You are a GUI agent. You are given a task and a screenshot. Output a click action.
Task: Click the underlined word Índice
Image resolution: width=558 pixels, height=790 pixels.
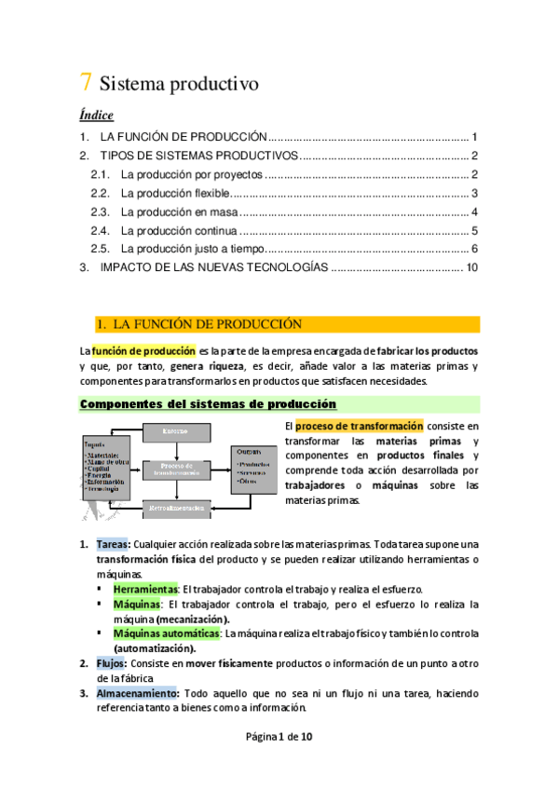tap(96, 116)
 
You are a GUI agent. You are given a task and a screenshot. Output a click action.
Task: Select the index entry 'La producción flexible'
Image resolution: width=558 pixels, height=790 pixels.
tap(174, 194)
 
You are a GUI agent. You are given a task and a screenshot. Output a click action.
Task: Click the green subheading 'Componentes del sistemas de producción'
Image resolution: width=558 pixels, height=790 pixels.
tap(209, 403)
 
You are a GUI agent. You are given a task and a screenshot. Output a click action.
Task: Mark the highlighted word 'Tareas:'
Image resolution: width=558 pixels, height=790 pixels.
tap(114, 543)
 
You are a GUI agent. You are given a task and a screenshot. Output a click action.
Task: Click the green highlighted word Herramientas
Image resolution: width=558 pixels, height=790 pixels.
tap(144, 590)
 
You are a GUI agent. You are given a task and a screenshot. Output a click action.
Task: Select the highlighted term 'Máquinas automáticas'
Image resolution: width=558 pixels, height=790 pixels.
tap(166, 634)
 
